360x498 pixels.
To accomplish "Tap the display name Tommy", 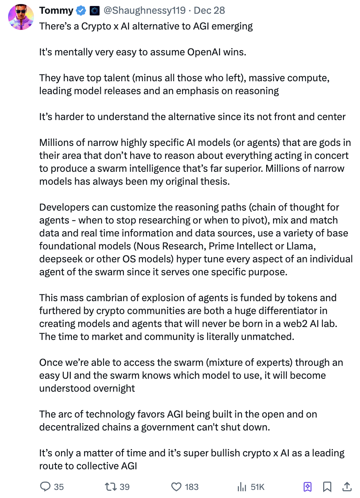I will [56, 11].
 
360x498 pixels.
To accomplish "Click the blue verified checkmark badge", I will [81, 11].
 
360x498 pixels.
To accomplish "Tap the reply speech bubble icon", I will [46, 487].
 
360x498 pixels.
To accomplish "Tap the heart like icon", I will [176, 487].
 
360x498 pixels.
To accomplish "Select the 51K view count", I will [258, 487].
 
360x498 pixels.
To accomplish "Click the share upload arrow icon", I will [347, 487].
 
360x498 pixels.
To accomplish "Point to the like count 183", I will [192, 487].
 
